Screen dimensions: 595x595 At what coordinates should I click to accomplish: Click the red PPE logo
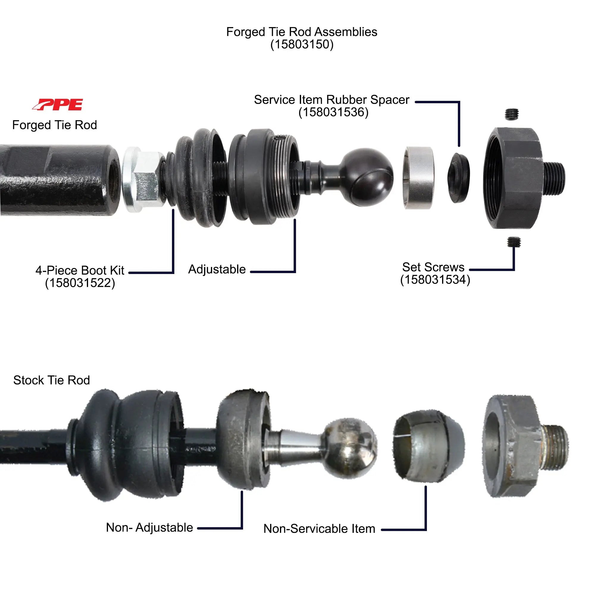58,104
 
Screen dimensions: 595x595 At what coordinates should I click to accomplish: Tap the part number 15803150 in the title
301,44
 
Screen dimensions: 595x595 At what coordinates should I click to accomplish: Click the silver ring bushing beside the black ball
419,178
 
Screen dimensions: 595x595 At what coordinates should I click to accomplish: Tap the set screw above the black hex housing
512,114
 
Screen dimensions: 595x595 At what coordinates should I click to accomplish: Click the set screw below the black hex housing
514,242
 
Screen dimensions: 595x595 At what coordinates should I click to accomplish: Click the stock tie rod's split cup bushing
428,445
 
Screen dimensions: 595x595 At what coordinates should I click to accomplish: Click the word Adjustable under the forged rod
217,270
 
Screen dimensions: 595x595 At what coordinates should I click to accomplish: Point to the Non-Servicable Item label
319,528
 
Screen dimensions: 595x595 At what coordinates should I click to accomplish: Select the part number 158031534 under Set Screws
435,280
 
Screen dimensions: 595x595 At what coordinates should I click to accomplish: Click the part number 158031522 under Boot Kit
80,283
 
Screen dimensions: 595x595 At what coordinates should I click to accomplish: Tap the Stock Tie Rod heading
51,380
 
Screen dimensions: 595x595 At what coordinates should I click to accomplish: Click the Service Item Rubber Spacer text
331,100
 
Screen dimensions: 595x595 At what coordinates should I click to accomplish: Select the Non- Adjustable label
149,527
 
